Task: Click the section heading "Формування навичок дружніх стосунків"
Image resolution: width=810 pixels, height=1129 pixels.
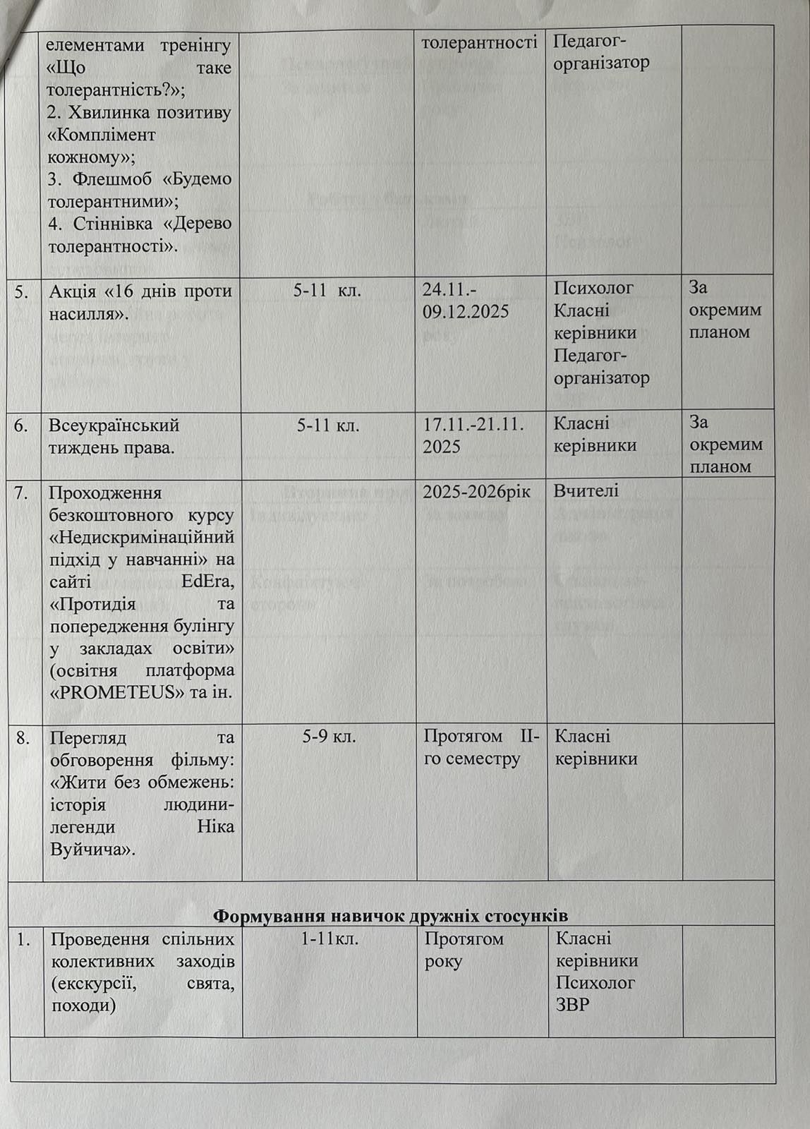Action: click(x=390, y=915)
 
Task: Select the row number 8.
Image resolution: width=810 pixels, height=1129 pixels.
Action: click(x=23, y=737)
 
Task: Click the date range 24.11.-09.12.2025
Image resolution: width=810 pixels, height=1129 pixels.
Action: click(x=466, y=300)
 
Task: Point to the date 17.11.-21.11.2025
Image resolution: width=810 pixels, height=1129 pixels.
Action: click(x=473, y=435)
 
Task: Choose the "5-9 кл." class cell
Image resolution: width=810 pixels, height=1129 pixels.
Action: click(x=329, y=737)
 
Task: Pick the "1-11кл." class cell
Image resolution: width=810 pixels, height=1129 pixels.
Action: click(x=330, y=939)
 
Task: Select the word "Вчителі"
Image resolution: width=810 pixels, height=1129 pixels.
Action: click(x=586, y=490)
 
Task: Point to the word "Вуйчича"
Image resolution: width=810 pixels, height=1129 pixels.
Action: click(x=92, y=849)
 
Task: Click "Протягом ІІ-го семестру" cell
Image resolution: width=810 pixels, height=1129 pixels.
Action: click(x=481, y=747)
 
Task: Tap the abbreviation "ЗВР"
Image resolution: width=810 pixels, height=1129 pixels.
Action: click(x=572, y=1004)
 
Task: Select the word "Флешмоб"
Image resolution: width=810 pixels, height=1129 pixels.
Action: click(x=106, y=179)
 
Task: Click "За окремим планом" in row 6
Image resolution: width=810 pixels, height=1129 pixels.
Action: click(x=725, y=445)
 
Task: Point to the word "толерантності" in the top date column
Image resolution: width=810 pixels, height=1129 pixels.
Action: click(x=479, y=42)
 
